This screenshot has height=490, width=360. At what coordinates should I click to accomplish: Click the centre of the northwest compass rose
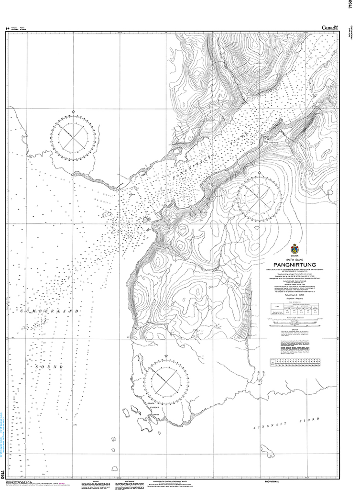click(73, 137)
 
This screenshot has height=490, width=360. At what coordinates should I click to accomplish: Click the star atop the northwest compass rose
click(73, 111)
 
